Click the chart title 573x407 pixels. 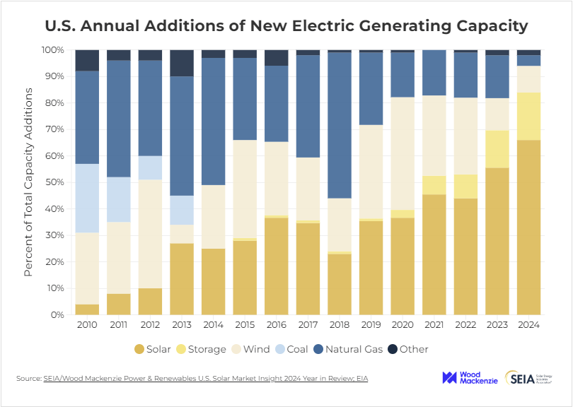tap(286, 26)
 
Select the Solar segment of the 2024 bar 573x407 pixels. tap(528, 227)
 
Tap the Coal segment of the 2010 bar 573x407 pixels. tap(87, 198)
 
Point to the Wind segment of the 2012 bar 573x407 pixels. tap(150, 233)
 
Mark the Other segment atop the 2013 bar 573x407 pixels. tap(182, 63)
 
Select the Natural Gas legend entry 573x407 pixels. tap(348, 349)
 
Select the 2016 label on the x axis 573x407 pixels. tap(277, 325)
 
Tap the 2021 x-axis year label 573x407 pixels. tap(434, 325)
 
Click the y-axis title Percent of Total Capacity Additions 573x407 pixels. tap(29, 182)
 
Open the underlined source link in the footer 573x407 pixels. tap(205, 379)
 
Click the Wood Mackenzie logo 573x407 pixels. tap(470, 378)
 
